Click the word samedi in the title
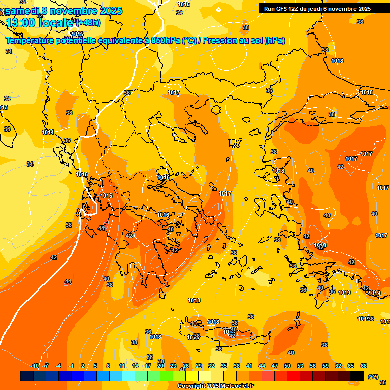(22, 11)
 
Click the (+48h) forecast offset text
(88, 23)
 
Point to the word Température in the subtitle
(30, 41)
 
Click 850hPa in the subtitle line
(162, 41)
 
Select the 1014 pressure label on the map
(48, 132)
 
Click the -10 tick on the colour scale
(35, 366)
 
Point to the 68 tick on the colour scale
(364, 366)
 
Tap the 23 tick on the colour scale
(173, 366)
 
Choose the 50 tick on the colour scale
(287, 366)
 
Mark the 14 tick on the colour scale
(135, 366)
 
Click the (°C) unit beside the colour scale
(373, 377)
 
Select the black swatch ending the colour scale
(357, 376)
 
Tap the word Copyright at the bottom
(191, 386)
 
